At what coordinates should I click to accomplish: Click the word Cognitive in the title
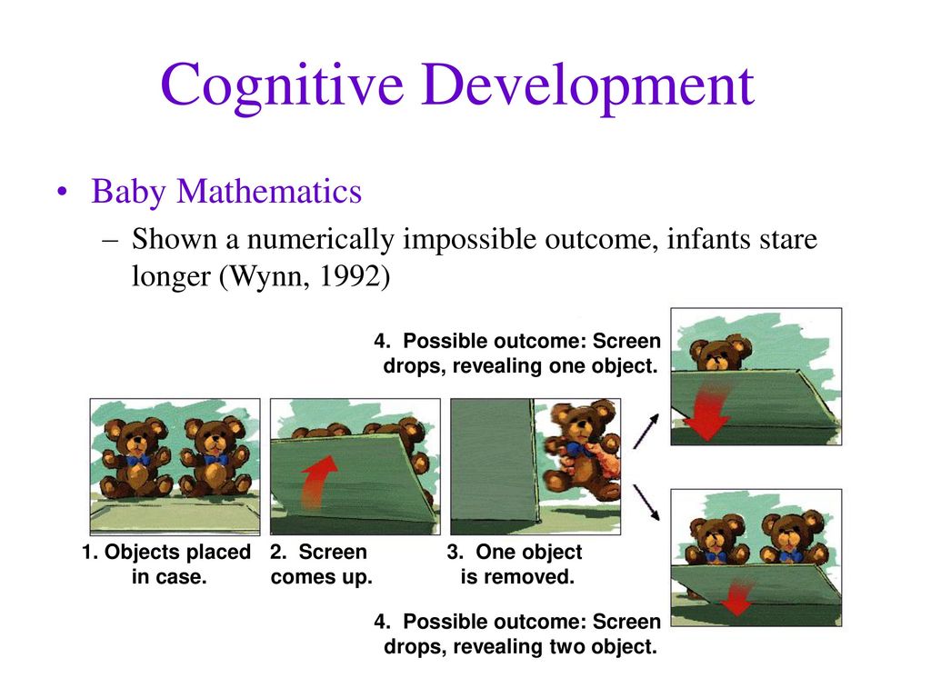282,86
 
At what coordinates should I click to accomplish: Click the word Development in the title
588,86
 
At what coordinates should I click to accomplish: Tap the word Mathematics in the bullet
269,192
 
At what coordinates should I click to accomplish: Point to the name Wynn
269,276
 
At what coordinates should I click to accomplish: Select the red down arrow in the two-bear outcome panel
737,596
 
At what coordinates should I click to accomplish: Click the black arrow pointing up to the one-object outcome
646,431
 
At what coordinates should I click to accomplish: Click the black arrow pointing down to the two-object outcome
646,503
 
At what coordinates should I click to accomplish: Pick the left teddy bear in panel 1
135,458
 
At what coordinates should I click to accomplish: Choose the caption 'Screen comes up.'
321,563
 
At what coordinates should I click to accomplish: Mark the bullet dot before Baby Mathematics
62,193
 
